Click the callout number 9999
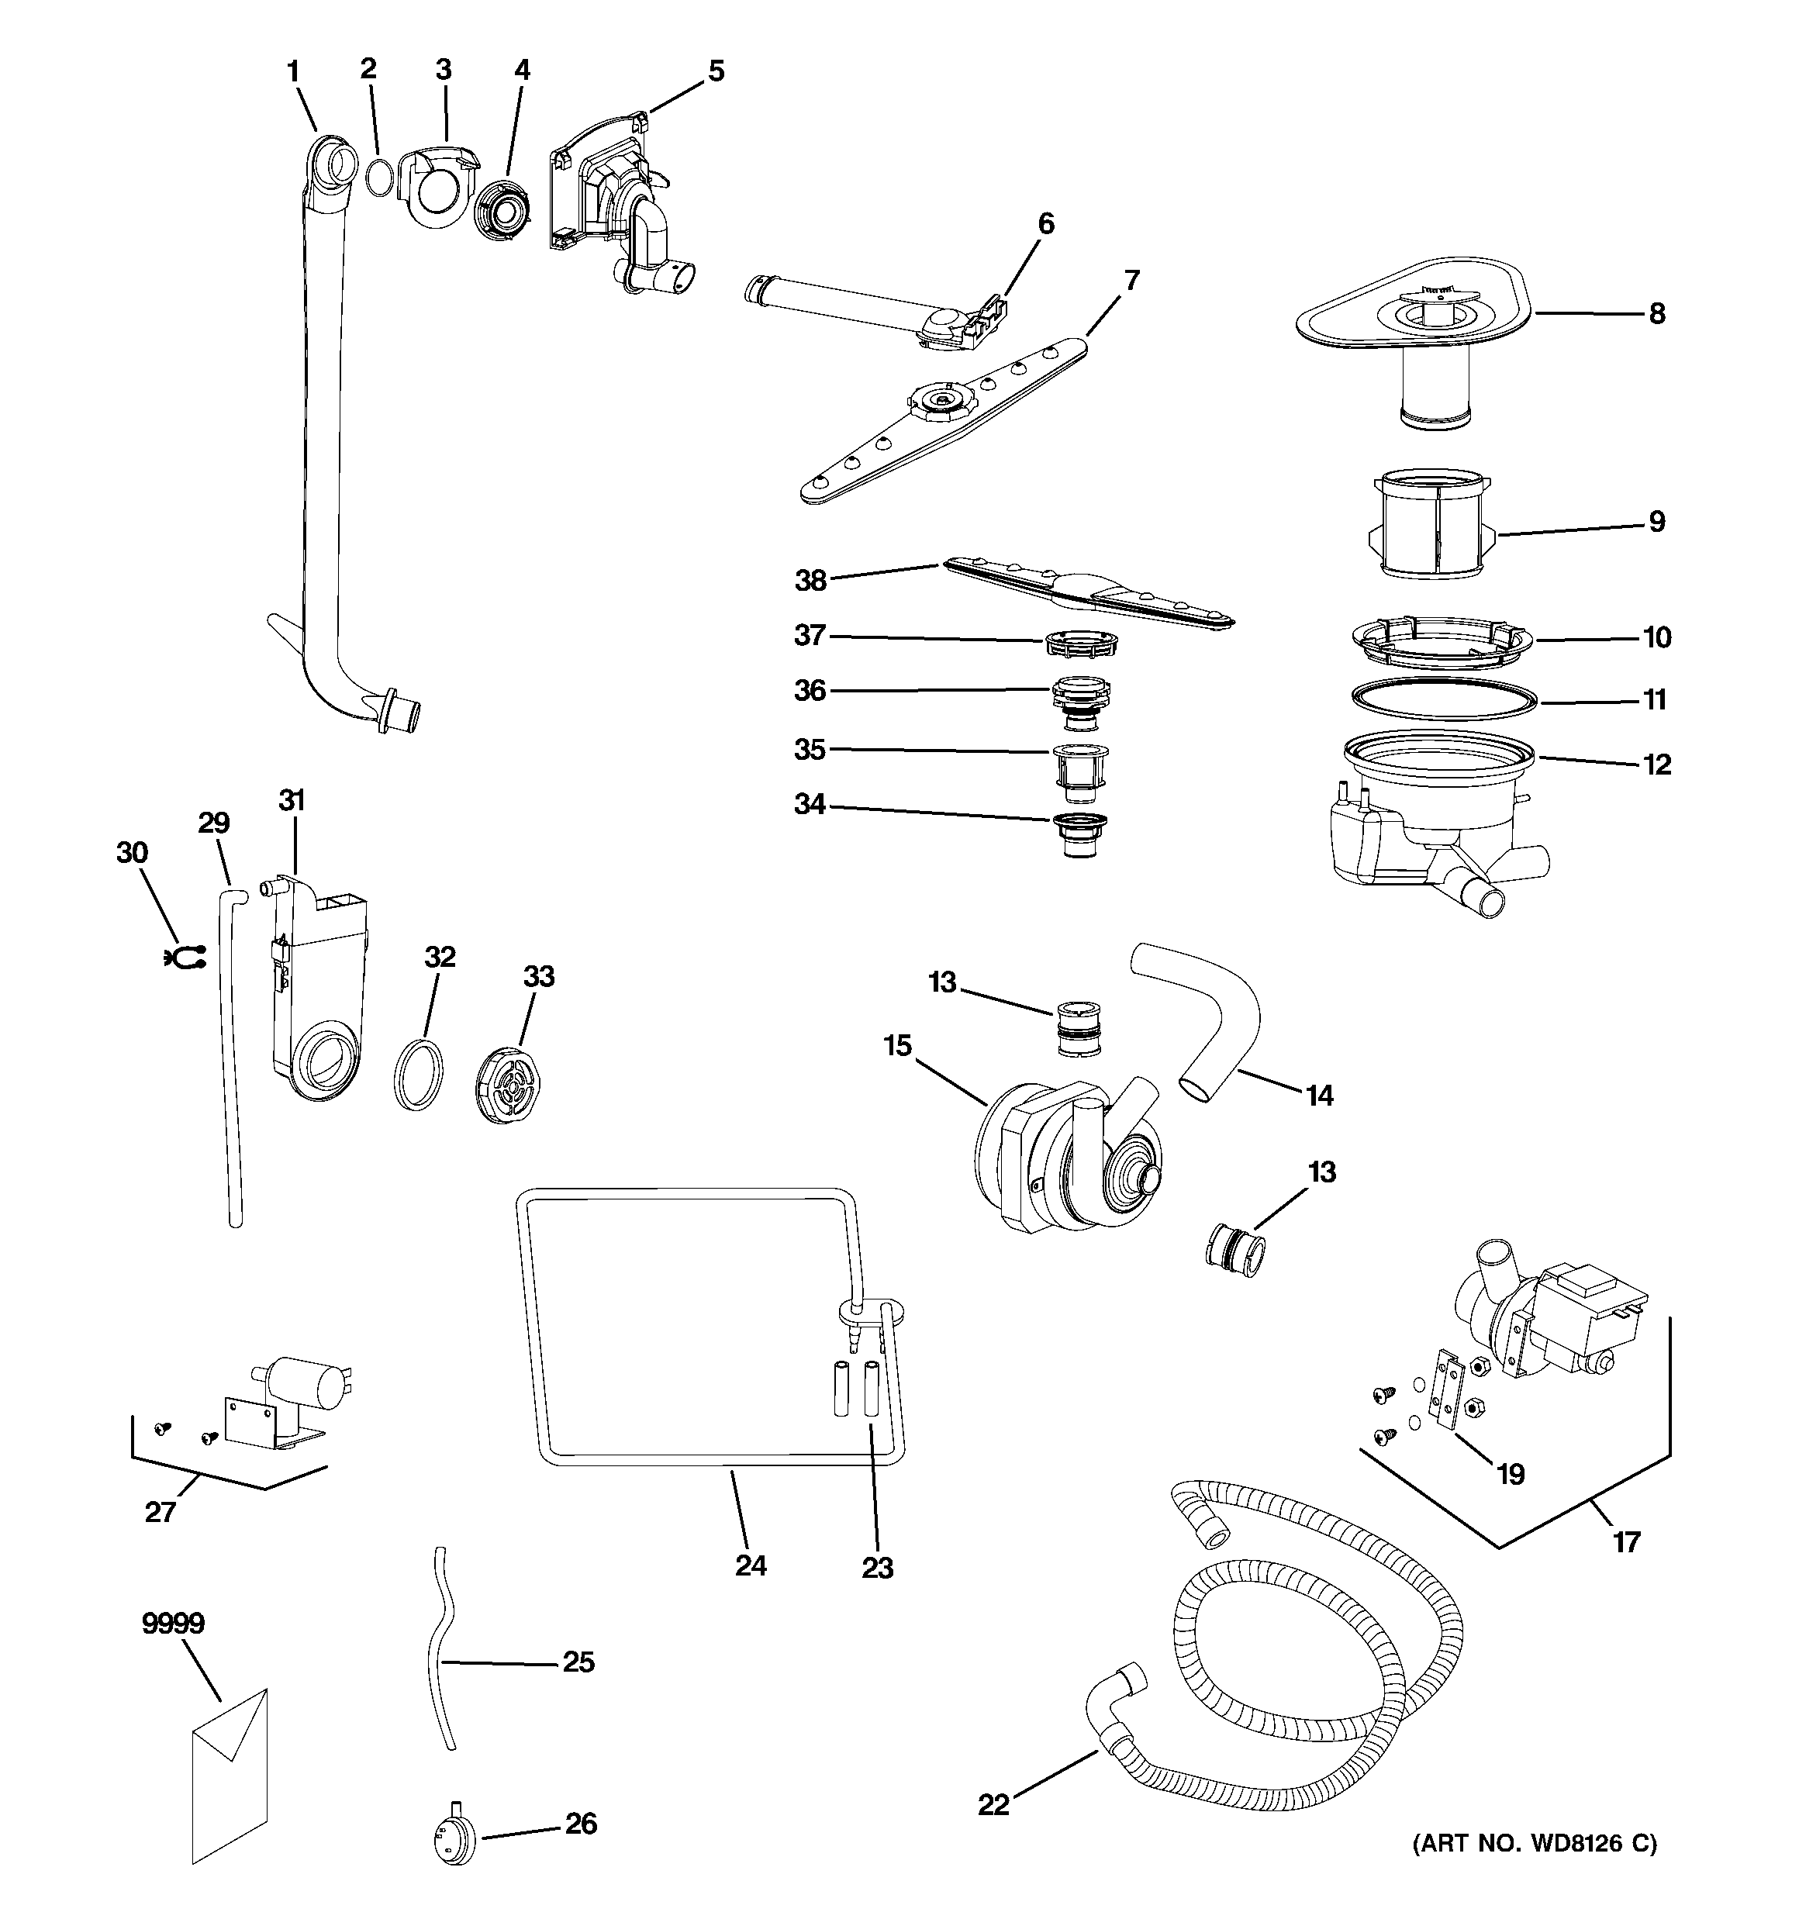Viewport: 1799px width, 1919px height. (x=173, y=1624)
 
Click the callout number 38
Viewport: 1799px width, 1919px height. (x=810, y=580)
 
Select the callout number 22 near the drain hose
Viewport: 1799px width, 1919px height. (x=993, y=1803)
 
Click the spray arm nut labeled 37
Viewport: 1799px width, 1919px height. (x=1080, y=642)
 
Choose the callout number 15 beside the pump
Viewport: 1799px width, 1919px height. (x=897, y=1044)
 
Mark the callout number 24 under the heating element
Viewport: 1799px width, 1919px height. (x=751, y=1565)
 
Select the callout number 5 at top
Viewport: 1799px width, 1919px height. (x=716, y=71)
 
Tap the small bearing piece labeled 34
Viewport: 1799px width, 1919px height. (x=1079, y=834)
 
